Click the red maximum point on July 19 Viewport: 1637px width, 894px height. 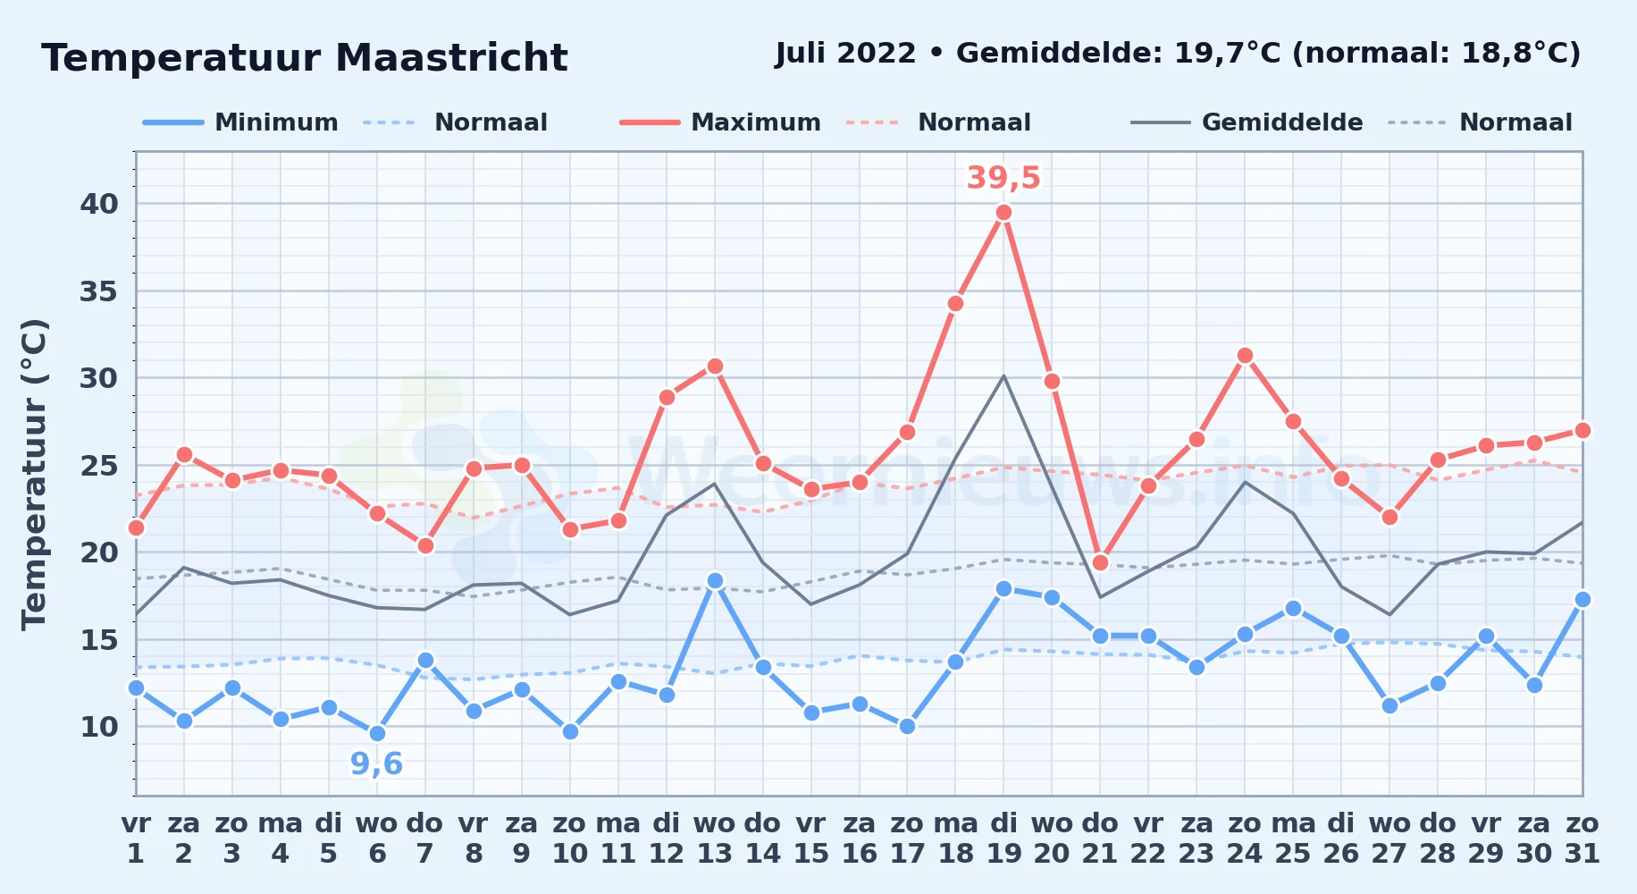[x=1003, y=213]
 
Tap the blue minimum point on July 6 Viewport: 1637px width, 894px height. [x=377, y=734]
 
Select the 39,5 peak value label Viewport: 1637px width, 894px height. [x=1003, y=178]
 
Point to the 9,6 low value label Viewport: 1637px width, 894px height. [x=376, y=764]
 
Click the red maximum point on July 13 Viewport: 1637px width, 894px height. [x=715, y=367]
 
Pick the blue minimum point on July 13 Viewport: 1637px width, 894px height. [x=715, y=581]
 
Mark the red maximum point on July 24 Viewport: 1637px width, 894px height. [x=1245, y=356]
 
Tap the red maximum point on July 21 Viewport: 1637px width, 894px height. [x=1100, y=563]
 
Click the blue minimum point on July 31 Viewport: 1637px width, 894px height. [x=1582, y=600]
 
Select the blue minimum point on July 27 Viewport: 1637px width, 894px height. [x=1389, y=706]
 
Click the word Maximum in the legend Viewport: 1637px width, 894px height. [x=756, y=122]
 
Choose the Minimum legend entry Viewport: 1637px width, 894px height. [x=240, y=122]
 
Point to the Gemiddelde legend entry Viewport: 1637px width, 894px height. [x=1247, y=122]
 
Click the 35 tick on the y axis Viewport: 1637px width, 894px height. [x=99, y=291]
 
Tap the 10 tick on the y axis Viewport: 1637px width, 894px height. [x=99, y=727]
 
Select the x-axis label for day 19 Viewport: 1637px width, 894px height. [x=1003, y=839]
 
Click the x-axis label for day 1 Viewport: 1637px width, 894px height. [x=136, y=839]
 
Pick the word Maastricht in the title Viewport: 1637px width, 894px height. [x=451, y=58]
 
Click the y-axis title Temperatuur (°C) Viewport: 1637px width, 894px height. [x=35, y=474]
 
